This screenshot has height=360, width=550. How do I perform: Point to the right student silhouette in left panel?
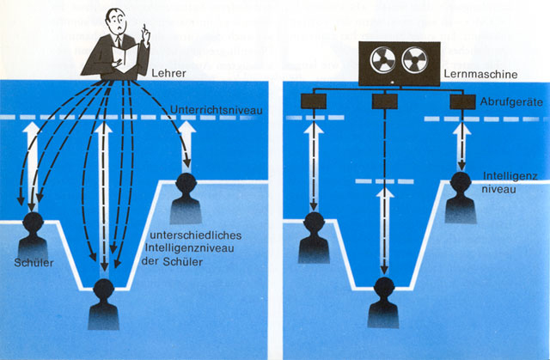coord(186,198)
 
